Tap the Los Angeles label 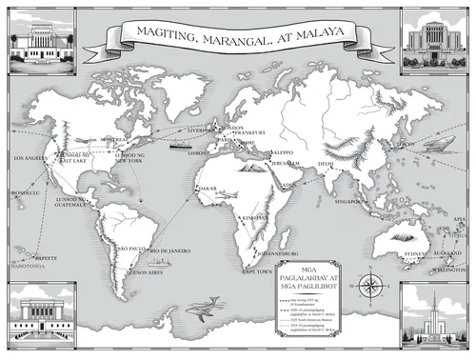tap(29, 157)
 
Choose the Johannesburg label tap(280, 254)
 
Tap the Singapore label tap(349, 202)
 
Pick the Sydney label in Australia tap(417, 255)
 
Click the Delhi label tap(326, 164)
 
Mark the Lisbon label tap(198, 150)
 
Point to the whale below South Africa tap(204, 306)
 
